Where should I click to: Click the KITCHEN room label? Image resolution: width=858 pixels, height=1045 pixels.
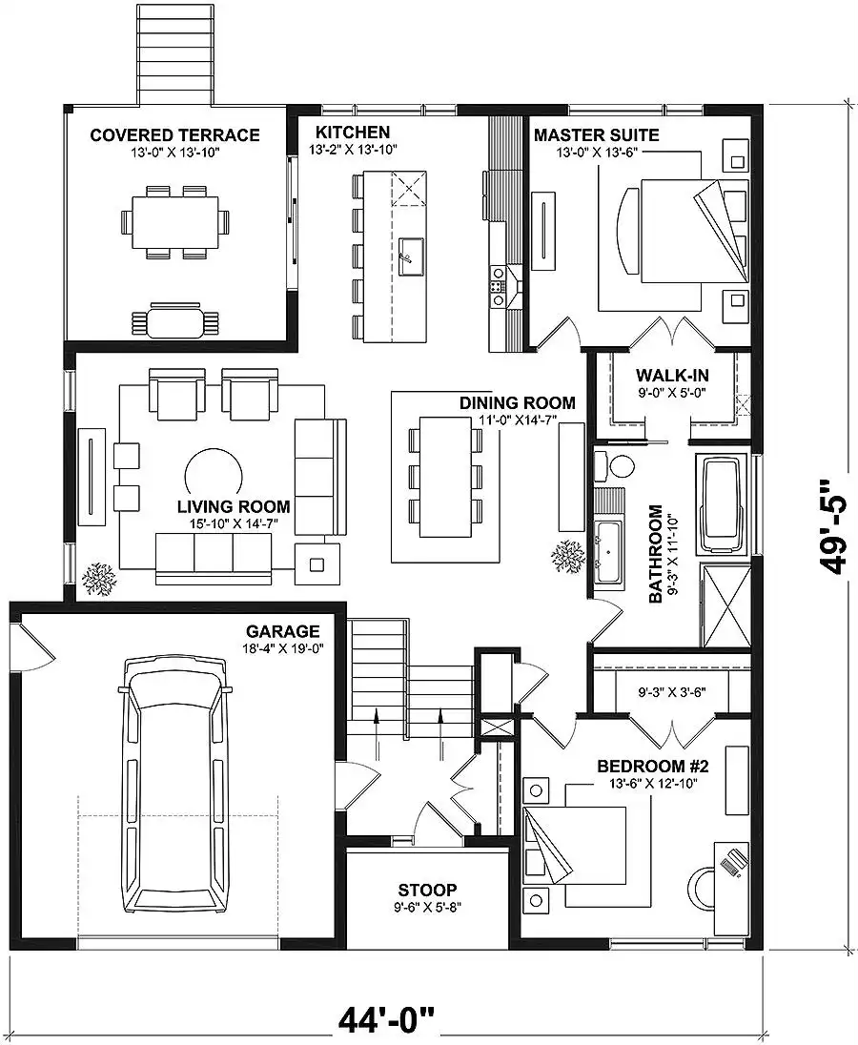coord(353,132)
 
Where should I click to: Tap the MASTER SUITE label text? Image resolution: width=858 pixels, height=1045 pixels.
coord(596,135)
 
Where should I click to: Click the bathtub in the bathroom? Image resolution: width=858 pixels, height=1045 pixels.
coord(723,504)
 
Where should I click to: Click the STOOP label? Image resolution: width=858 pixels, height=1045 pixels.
coord(427,890)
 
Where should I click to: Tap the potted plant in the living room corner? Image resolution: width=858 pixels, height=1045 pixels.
coord(98,579)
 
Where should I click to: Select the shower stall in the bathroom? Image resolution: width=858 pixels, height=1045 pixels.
coord(726,605)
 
